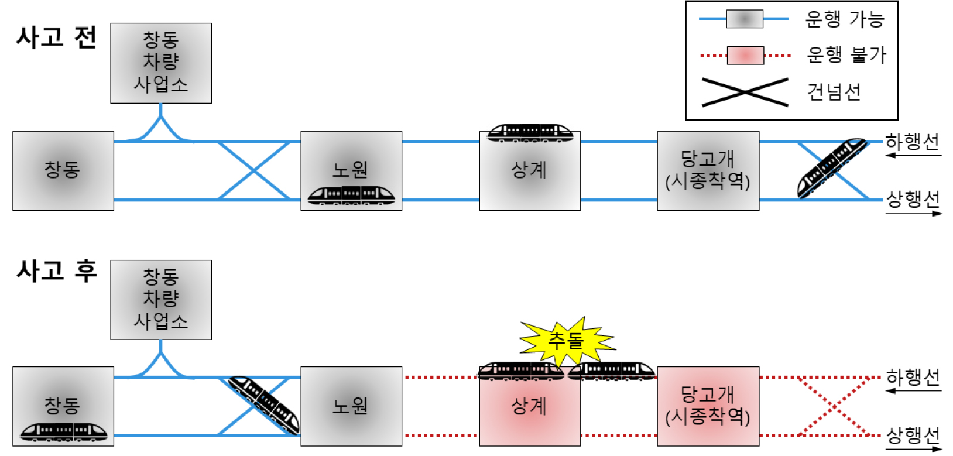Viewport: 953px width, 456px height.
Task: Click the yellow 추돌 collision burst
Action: [x=567, y=340]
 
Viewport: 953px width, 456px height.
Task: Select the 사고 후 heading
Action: [x=56, y=271]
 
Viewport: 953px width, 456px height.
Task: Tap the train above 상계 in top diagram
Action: [x=530, y=133]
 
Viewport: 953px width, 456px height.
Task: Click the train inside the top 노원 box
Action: [x=351, y=195]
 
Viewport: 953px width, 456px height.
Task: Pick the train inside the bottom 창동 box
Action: [x=64, y=432]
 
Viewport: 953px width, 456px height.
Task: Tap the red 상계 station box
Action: [x=530, y=406]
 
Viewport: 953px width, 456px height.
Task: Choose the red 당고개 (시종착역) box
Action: [x=708, y=406]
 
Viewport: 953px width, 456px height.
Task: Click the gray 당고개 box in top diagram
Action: [x=708, y=170]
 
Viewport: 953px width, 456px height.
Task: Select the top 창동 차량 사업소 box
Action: [x=161, y=63]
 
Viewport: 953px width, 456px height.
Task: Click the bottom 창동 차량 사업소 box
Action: [x=161, y=300]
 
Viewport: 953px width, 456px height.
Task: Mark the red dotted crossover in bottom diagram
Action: [x=833, y=406]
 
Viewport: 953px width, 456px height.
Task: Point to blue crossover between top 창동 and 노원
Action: [x=253, y=170]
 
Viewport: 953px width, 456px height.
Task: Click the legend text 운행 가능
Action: [x=844, y=19]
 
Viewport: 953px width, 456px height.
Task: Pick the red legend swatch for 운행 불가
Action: [x=745, y=56]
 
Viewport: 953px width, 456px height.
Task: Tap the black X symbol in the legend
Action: [x=745, y=92]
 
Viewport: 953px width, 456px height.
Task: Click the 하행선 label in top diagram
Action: [x=912, y=142]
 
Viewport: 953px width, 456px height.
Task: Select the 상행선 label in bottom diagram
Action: [x=913, y=435]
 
